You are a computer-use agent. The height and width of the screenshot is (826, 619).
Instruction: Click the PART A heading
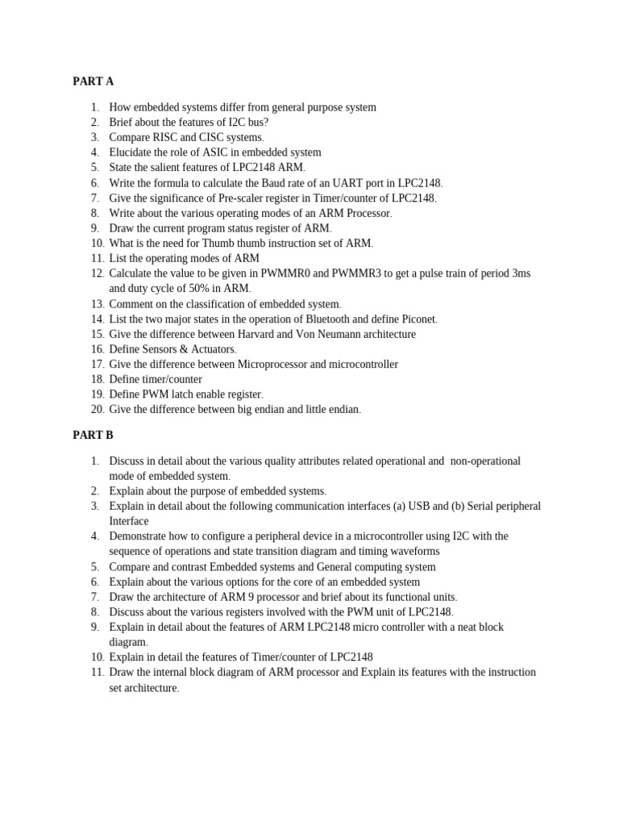(93, 81)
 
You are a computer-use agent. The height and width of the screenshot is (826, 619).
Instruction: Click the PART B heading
(93, 436)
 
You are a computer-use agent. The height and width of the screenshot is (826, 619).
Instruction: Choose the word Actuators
(210, 349)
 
